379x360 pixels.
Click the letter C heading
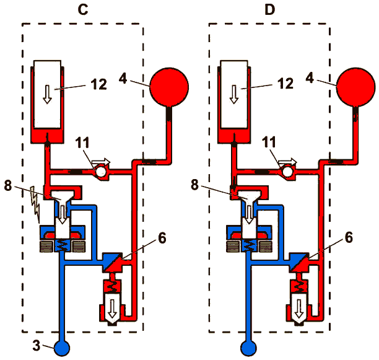[83, 10]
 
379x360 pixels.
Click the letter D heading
[270, 10]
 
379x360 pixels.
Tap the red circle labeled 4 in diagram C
[169, 87]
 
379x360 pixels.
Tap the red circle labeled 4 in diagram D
[356, 87]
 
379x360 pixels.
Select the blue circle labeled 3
[62, 348]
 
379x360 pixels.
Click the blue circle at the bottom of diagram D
[248, 348]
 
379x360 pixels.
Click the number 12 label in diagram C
[99, 84]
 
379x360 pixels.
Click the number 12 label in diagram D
[285, 84]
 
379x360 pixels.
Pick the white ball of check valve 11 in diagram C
[100, 172]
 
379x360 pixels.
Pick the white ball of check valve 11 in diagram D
[287, 172]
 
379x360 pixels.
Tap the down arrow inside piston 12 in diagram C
[47, 94]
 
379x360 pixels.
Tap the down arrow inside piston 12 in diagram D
[233, 94]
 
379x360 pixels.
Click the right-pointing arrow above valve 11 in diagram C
[101, 161]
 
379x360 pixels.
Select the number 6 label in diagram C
[162, 238]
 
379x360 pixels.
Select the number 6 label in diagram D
[349, 237]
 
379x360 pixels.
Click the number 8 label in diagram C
[8, 186]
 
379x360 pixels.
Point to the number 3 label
[37, 345]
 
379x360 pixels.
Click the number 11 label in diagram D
[269, 142]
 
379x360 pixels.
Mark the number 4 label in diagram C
[123, 78]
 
